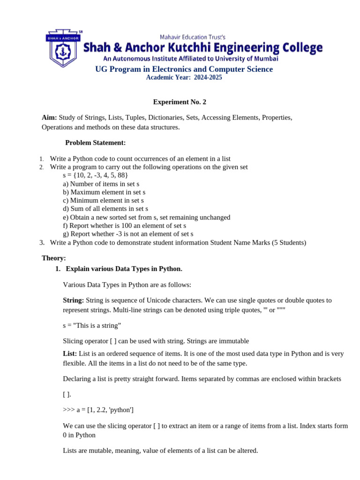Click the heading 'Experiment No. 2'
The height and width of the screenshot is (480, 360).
pos(180,102)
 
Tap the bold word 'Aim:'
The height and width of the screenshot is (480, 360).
pos(49,118)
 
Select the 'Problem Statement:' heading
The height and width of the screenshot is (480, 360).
pos(95,142)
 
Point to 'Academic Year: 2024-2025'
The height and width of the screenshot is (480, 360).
pos(184,78)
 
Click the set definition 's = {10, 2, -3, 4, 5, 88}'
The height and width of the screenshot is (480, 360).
pos(95,175)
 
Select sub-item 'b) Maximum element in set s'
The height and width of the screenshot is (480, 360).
pos(104,192)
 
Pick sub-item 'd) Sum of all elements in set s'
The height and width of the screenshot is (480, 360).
pos(105,209)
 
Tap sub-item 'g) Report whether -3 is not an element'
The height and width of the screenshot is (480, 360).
pos(128,234)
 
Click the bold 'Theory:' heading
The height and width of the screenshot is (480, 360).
pos(54,258)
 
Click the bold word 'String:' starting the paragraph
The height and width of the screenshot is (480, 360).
pos(74,300)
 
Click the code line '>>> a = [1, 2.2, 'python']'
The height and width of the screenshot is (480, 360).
pos(98,410)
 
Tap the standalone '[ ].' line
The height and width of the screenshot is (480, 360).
pos(67,395)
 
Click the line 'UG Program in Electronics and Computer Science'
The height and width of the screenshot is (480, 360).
pos(184,69)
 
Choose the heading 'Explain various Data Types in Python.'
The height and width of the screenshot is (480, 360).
pos(124,269)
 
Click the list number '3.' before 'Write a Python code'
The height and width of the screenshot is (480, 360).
pos(42,243)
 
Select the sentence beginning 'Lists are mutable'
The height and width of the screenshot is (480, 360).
pos(160,451)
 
